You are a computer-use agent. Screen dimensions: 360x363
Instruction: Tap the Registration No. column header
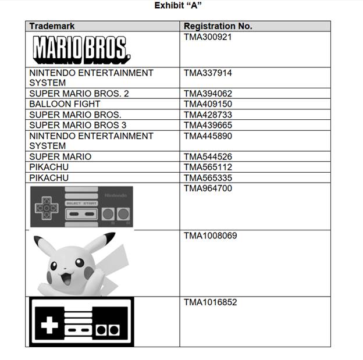(x=218, y=26)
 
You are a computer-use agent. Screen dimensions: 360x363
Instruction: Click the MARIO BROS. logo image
(x=81, y=49)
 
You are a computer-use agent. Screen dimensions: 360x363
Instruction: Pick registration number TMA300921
(x=208, y=37)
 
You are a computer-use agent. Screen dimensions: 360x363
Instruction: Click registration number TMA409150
(x=208, y=104)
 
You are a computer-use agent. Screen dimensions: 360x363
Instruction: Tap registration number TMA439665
(x=208, y=125)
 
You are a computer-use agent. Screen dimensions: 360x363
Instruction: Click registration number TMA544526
(x=208, y=156)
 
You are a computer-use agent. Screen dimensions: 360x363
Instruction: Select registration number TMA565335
(x=208, y=177)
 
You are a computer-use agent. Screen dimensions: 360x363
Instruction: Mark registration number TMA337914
(x=208, y=73)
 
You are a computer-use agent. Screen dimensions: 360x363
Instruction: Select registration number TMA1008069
(x=210, y=236)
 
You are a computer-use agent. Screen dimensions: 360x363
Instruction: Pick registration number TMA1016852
(x=210, y=302)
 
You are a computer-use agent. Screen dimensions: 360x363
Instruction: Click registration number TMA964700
(x=208, y=188)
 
